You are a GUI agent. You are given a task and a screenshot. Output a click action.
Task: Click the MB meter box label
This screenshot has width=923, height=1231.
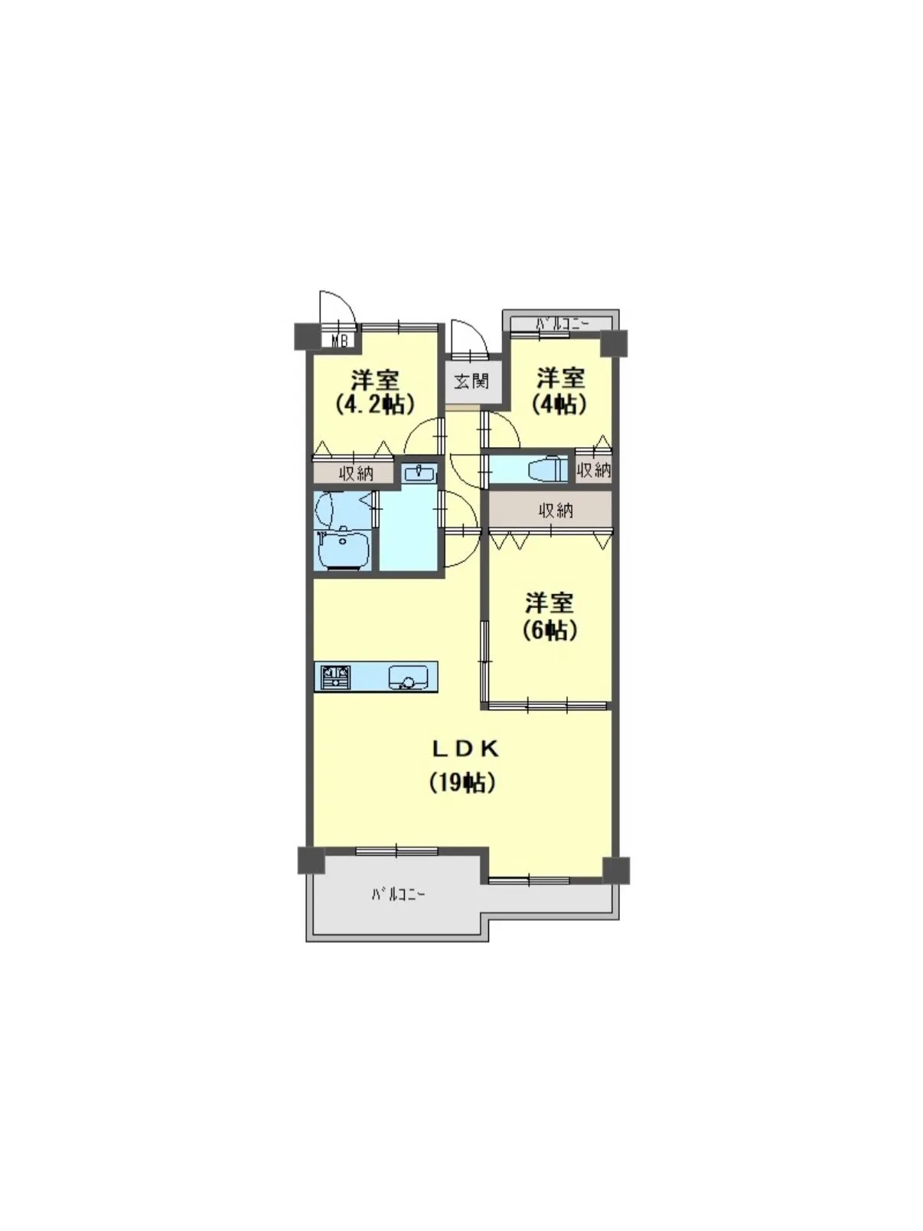pyautogui.click(x=339, y=341)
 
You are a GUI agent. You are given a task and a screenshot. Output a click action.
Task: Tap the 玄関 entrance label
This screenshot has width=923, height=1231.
pyautogui.click(x=471, y=380)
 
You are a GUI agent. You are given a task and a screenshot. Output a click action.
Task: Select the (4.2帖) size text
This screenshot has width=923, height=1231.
pyautogui.click(x=375, y=403)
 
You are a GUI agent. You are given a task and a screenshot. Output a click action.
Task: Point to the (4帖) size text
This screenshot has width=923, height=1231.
pyautogui.click(x=560, y=403)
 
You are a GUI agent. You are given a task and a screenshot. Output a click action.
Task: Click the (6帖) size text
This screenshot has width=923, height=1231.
pyautogui.click(x=550, y=630)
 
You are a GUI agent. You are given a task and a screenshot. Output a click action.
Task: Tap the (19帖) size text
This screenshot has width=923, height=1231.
pyautogui.click(x=461, y=782)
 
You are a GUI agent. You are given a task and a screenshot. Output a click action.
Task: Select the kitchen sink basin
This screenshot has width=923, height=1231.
pyautogui.click(x=408, y=678)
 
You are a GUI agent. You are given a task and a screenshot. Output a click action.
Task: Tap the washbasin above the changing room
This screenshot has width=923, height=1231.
pyautogui.click(x=418, y=473)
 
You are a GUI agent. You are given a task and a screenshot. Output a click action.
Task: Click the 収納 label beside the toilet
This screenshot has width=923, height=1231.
pyautogui.click(x=594, y=469)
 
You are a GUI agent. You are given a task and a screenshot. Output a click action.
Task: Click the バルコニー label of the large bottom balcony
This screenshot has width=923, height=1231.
pyautogui.click(x=399, y=894)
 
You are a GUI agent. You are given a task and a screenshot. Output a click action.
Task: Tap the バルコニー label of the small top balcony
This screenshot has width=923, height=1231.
pyautogui.click(x=562, y=323)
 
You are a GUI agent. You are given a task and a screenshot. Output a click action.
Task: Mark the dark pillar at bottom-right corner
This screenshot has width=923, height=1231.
pyautogui.click(x=615, y=870)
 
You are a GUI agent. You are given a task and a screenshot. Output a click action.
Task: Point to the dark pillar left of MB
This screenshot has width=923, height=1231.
pyautogui.click(x=308, y=337)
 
